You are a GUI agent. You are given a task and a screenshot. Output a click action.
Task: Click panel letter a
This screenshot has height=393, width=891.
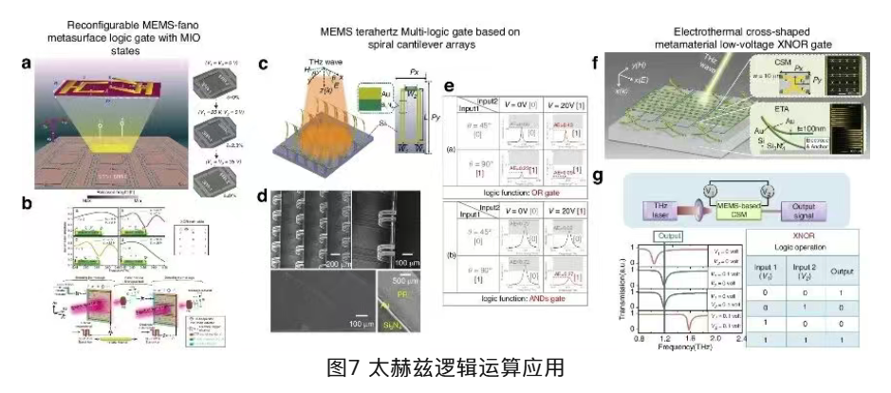28,65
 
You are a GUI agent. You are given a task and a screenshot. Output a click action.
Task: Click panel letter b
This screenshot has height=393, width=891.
28,202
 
